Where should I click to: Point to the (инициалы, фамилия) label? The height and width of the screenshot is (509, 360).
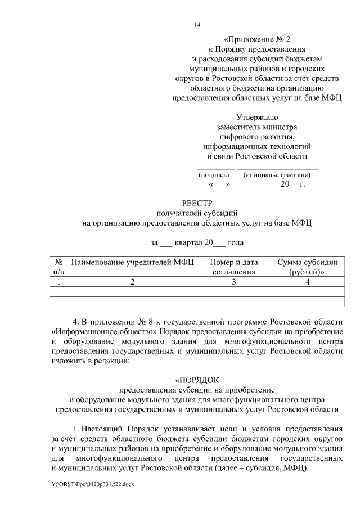(x=276, y=175)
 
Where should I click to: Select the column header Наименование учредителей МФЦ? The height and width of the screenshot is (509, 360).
(x=132, y=262)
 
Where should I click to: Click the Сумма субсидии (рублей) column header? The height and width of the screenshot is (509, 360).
(x=307, y=267)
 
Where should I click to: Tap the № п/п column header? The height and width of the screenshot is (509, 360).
(x=58, y=267)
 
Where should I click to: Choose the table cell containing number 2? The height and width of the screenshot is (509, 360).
(x=132, y=282)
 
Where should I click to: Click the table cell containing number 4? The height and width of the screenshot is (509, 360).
(x=307, y=282)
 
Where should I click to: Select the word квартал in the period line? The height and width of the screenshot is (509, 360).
(x=193, y=242)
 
